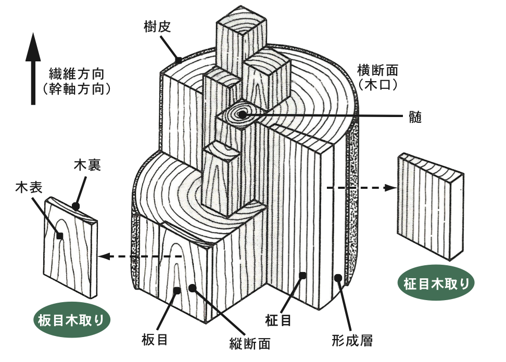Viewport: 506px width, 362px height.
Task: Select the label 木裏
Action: click(x=87, y=165)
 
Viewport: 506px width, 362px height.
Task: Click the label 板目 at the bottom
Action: click(x=154, y=340)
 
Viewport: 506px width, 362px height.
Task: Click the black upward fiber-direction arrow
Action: click(x=33, y=68)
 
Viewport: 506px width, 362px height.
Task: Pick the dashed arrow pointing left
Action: click(x=141, y=256)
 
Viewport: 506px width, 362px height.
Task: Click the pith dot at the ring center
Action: click(x=242, y=112)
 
